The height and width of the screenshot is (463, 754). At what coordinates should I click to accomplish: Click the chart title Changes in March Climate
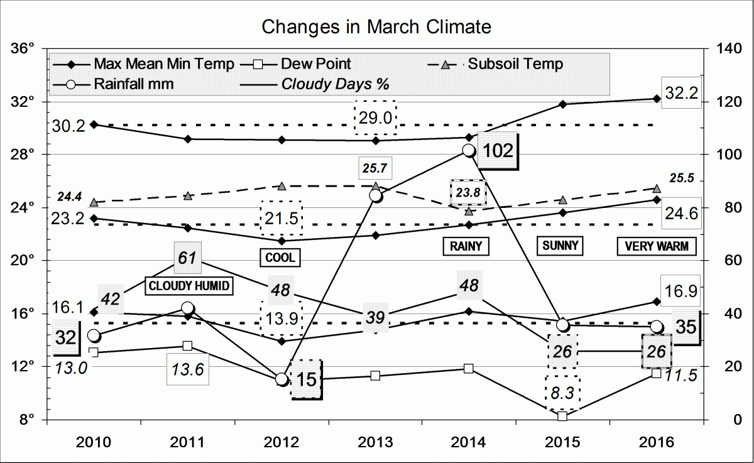[x=376, y=27]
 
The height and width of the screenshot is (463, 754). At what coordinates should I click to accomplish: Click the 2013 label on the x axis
[x=375, y=442]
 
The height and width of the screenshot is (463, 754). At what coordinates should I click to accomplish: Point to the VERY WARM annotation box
[x=657, y=247]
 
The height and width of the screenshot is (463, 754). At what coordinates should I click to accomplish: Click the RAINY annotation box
[x=466, y=246]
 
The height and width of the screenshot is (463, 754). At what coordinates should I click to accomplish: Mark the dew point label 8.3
[x=562, y=393]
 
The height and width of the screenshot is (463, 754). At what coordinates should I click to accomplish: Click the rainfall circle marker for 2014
[x=468, y=150]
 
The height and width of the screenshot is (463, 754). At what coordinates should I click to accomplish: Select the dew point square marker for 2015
[x=562, y=416]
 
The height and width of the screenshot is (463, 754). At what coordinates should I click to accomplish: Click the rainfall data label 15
[x=306, y=379]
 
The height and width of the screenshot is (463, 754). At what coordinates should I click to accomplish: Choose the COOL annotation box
[x=279, y=257]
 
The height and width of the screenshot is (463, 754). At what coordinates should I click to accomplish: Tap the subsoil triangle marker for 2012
[x=281, y=186]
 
